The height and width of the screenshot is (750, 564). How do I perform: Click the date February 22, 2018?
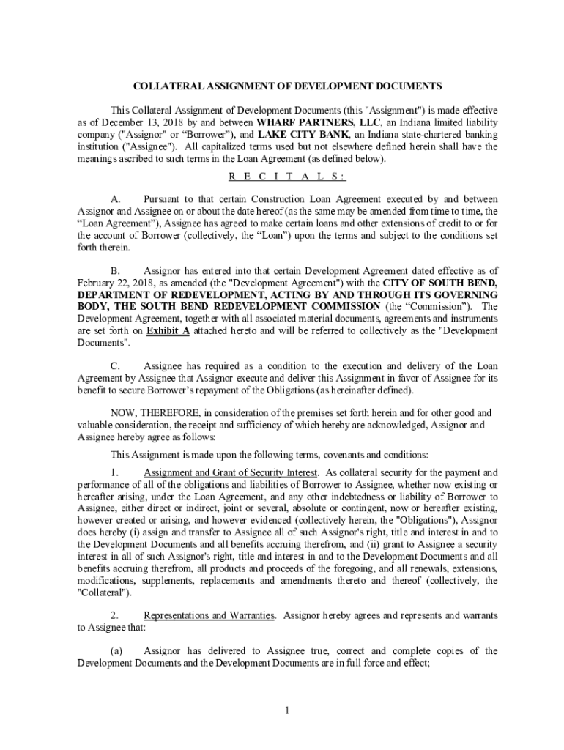(x=111, y=283)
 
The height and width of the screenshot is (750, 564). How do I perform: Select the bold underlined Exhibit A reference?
(x=168, y=330)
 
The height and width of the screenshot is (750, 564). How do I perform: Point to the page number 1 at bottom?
(x=288, y=710)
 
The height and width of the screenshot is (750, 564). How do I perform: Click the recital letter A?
(x=115, y=199)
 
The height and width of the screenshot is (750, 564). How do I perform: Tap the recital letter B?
(x=115, y=271)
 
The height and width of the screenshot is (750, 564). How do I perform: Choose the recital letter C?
(x=115, y=366)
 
